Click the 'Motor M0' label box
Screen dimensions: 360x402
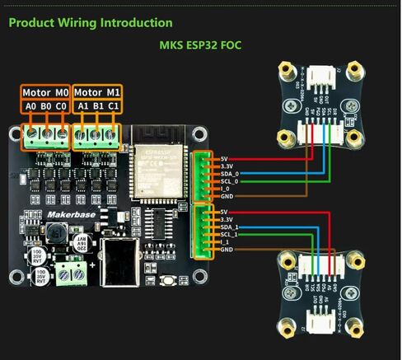click(45, 92)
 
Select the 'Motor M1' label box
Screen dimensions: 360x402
click(97, 92)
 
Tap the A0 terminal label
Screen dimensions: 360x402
click(31, 106)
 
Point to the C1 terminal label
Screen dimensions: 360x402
click(113, 106)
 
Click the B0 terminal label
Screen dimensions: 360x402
click(46, 106)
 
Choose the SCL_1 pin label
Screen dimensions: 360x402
click(230, 234)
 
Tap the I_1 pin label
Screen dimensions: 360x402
click(225, 241)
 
